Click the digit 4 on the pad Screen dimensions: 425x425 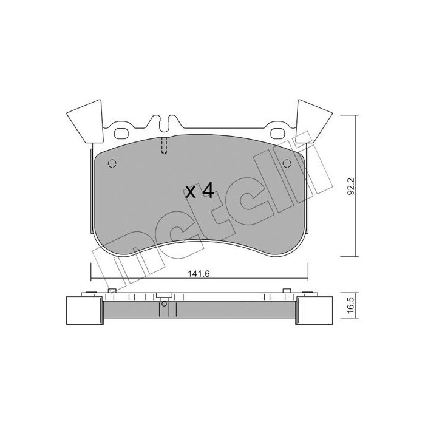[207, 191]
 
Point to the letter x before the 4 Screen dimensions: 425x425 [191, 193]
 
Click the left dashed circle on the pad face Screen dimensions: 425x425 [110, 163]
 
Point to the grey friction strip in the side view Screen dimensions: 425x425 [200, 312]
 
